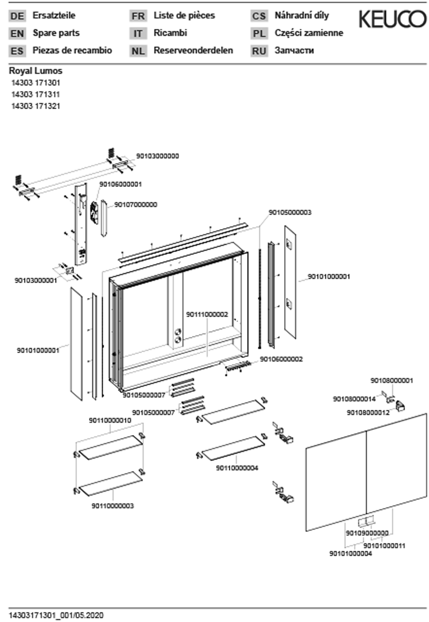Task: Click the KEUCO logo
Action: [392, 19]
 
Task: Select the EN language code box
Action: [17, 33]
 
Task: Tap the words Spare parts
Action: [56, 33]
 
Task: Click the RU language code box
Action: [259, 51]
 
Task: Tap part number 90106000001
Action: [121, 184]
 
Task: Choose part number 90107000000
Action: [136, 205]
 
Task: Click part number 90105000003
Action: [290, 212]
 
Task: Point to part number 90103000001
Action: [36, 281]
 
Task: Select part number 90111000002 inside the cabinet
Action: [207, 314]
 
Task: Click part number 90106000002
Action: [281, 359]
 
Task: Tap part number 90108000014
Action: [354, 399]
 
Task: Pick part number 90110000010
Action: [110, 420]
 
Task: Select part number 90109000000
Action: [367, 533]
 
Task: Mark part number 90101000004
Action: [351, 553]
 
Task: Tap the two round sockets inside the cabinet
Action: [178, 336]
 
